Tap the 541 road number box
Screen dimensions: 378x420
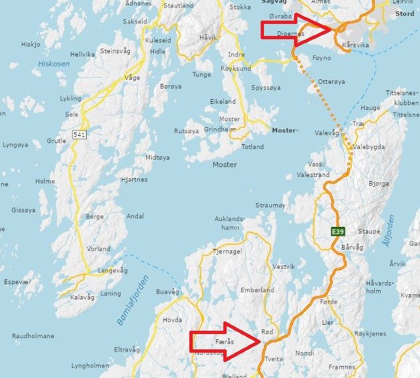click(x=79, y=134)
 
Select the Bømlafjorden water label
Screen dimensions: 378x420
click(x=133, y=299)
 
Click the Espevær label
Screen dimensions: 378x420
click(x=17, y=282)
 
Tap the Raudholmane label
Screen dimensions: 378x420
click(x=33, y=336)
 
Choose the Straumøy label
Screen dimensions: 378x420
click(x=270, y=206)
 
